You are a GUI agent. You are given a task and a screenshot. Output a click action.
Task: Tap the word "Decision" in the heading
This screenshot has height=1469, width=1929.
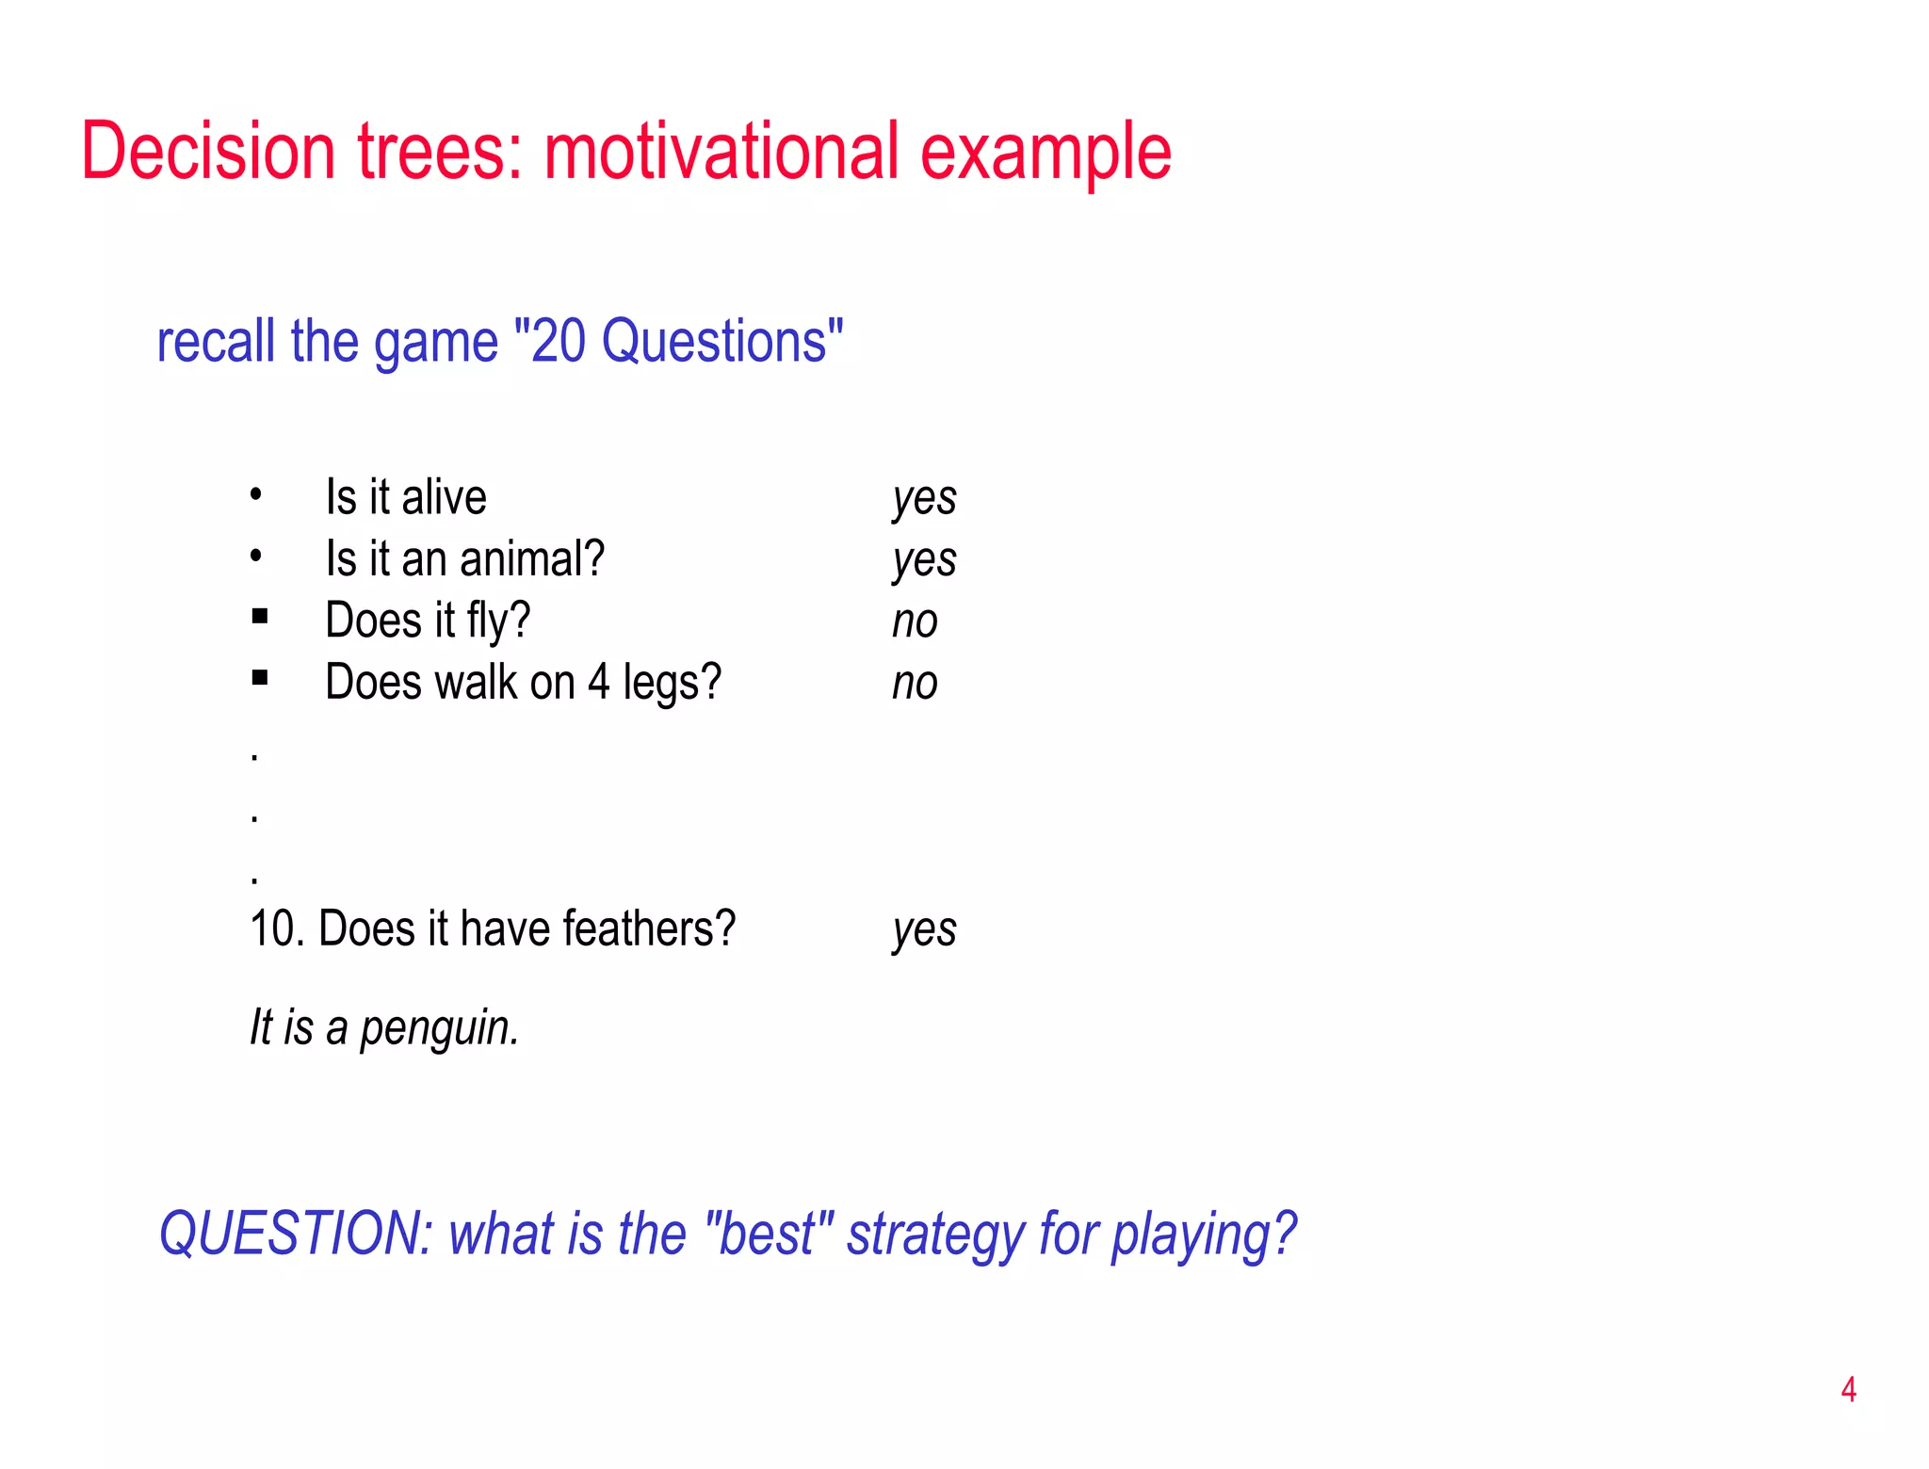tap(207, 152)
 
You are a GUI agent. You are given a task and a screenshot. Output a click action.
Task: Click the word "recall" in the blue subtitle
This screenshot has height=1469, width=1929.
tap(217, 341)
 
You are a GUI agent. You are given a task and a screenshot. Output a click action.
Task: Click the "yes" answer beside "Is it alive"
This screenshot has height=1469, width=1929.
tap(924, 499)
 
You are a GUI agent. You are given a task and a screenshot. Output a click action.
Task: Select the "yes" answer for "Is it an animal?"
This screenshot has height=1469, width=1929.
tap(924, 561)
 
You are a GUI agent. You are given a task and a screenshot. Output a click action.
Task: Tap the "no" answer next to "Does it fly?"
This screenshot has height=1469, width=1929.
tap(915, 621)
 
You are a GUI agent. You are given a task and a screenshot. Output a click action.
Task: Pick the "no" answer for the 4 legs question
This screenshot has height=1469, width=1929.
tap(915, 684)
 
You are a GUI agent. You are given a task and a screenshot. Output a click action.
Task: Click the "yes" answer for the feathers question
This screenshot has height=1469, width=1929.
tap(924, 930)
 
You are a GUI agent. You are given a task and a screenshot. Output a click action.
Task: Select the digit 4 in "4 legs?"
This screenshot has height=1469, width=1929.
tap(599, 683)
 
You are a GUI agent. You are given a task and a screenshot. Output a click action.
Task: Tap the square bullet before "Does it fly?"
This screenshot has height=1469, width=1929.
tap(260, 617)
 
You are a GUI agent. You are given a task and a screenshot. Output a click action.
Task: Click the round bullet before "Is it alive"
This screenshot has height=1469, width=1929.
tap(255, 493)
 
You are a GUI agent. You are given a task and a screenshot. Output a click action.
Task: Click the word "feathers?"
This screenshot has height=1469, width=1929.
tap(649, 929)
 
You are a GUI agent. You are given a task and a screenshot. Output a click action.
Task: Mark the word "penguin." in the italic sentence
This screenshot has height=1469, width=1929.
tap(440, 1028)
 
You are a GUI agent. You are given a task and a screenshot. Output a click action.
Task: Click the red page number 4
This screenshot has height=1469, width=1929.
tap(1848, 1390)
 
